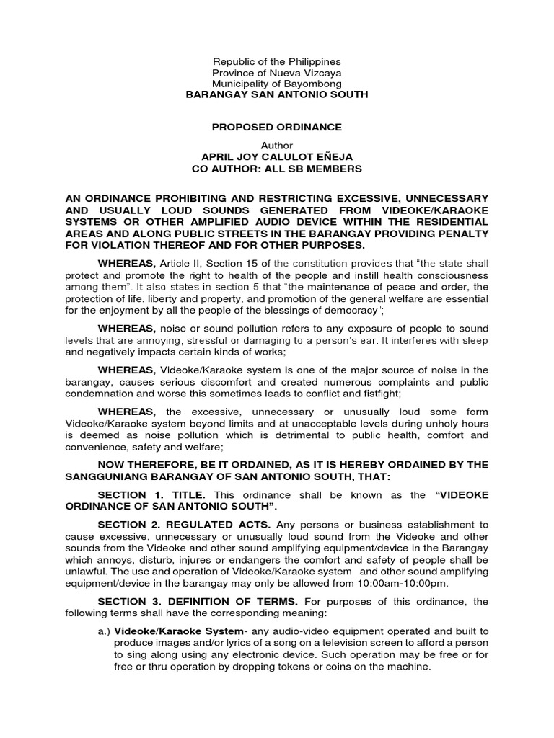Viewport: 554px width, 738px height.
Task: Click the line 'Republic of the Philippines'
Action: [277, 62]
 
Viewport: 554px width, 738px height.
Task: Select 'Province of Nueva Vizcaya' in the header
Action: [277, 73]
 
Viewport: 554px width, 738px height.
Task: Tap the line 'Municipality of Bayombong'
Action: [277, 84]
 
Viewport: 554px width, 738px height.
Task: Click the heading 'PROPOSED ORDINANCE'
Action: [277, 127]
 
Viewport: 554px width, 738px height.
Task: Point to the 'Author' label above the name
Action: [277, 146]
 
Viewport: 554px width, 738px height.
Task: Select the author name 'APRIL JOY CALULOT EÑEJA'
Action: [277, 157]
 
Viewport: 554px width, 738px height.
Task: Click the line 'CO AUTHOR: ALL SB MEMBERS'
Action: [277, 169]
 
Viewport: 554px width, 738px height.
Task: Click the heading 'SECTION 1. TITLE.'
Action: [152, 495]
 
